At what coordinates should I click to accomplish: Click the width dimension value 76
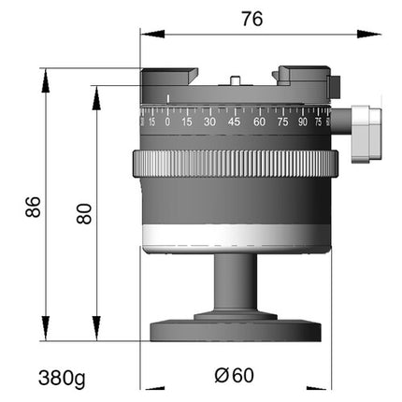click(252, 19)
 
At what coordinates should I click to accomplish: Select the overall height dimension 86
click(33, 207)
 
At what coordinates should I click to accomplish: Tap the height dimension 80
click(84, 213)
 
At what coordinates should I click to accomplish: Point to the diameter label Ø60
click(235, 375)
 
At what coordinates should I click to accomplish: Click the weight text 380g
click(62, 379)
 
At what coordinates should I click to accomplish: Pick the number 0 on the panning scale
click(167, 122)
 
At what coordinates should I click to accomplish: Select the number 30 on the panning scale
click(209, 122)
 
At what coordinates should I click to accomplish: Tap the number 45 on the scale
click(234, 122)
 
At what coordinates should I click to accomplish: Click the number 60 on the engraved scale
click(259, 122)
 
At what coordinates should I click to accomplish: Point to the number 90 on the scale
click(303, 122)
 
